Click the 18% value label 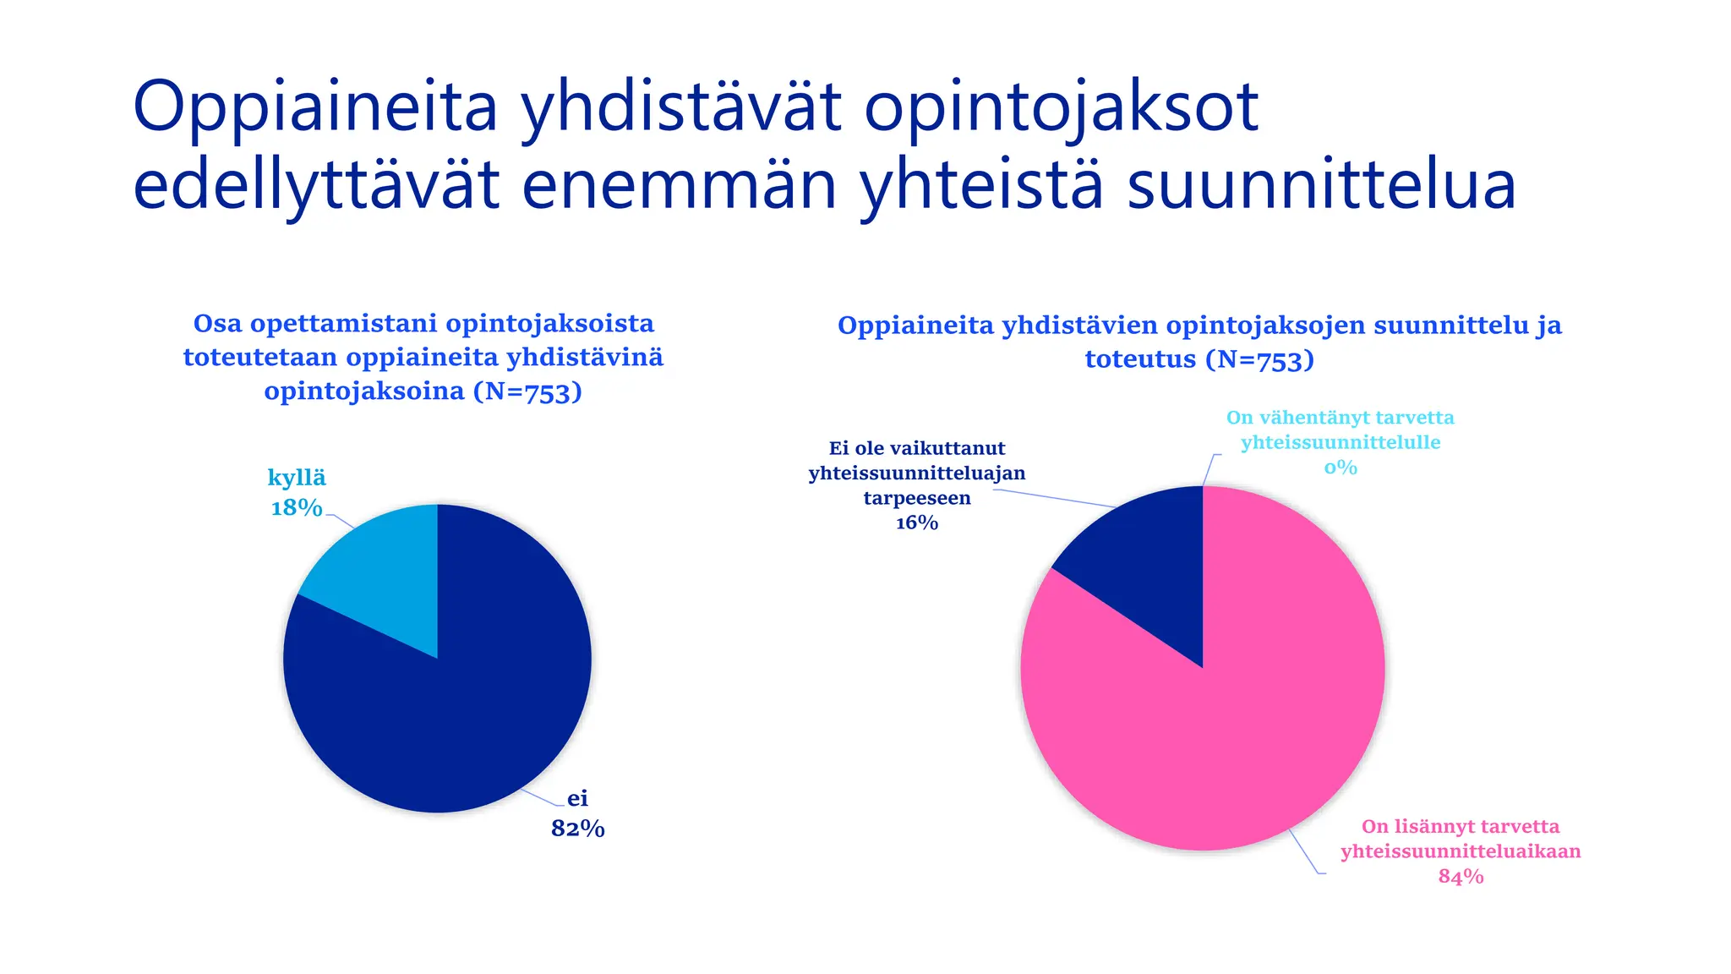pos(297,507)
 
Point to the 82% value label pos(578,829)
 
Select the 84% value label pos(1461,877)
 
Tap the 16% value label pos(917,523)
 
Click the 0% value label pos(1341,468)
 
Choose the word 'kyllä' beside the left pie pos(297,478)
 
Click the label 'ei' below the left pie pos(577,798)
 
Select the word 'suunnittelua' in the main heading pos(1321,186)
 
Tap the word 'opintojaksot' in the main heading pos(1062,107)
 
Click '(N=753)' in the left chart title pos(527,391)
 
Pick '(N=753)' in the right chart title pos(1259,359)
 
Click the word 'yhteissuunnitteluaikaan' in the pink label pos(1461,851)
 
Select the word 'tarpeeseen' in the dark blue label pos(917,498)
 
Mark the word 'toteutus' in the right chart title pos(1140,359)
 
